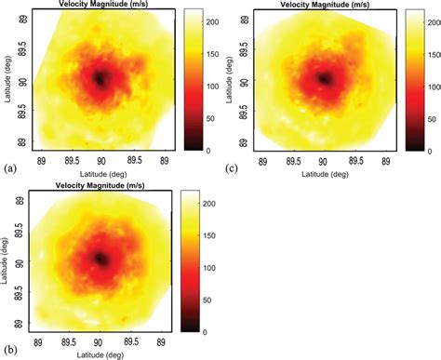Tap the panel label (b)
point(9,352)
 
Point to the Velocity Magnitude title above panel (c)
point(323,5)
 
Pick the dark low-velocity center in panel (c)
point(324,79)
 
